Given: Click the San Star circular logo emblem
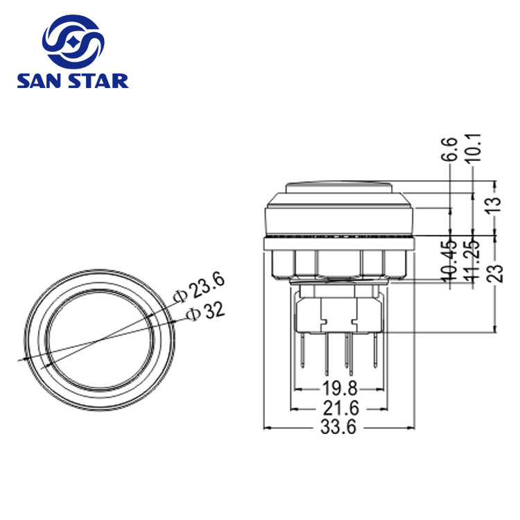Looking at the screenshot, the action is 73,42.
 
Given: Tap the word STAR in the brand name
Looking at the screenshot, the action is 98,81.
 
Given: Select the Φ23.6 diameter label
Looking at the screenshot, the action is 199,288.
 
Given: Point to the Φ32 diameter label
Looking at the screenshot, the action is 205,312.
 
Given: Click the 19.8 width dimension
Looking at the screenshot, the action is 340,388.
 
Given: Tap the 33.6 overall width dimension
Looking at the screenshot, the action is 338,427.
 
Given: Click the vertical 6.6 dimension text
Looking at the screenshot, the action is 451,149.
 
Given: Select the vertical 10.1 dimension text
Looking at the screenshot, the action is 473,148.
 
